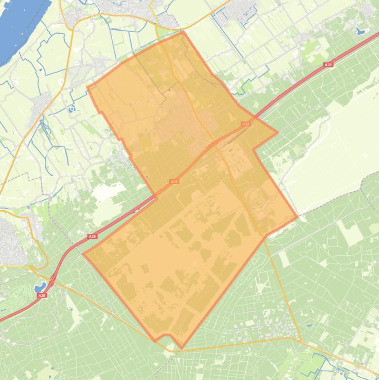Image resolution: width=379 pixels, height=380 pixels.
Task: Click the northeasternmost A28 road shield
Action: (x=328, y=65)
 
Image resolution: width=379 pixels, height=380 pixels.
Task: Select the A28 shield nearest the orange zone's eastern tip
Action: (x=245, y=124)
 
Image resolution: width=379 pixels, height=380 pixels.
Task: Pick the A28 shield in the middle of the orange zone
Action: (x=173, y=182)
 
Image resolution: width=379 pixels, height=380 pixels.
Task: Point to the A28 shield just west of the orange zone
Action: (x=92, y=236)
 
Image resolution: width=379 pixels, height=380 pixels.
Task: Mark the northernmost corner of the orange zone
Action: (x=183, y=33)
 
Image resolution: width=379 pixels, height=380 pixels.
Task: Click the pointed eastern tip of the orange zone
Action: (x=277, y=132)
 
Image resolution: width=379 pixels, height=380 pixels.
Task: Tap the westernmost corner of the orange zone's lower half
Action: (x=83, y=254)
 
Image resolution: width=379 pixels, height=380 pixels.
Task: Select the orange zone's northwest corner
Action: (x=88, y=88)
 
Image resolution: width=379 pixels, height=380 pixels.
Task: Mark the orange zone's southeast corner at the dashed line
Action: (x=297, y=216)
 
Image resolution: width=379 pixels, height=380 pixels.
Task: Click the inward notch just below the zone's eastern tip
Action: (x=254, y=149)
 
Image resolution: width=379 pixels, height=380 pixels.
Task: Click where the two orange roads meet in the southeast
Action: (x=300, y=341)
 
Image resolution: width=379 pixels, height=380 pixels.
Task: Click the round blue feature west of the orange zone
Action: (x=72, y=108)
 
